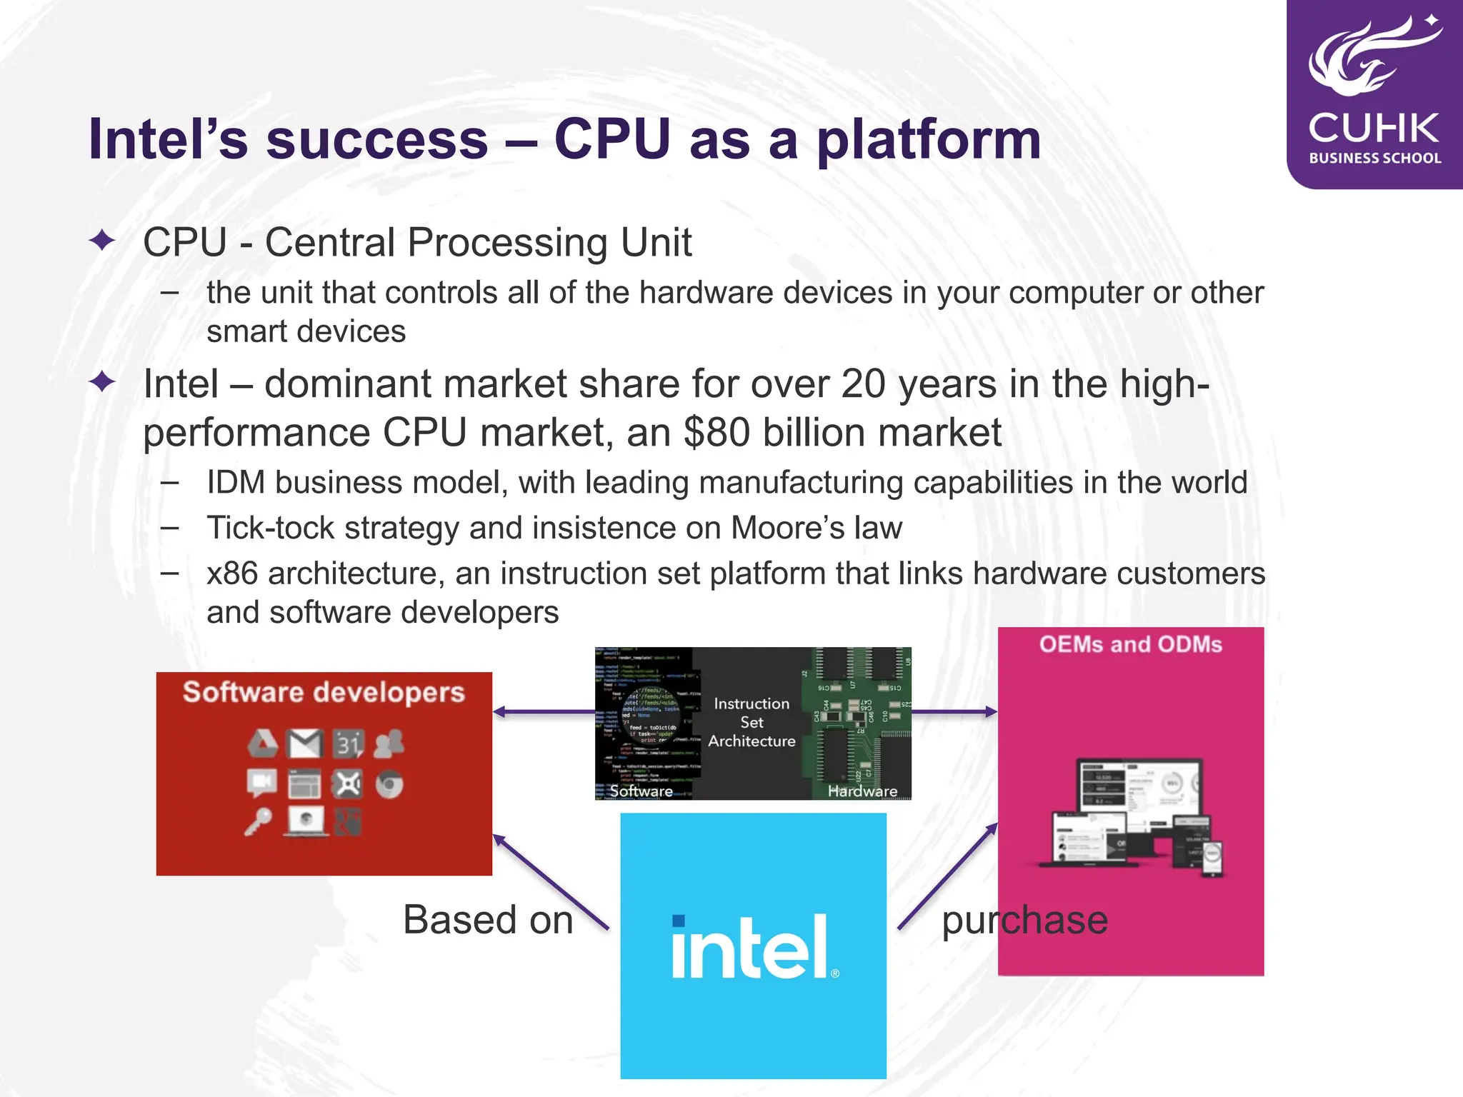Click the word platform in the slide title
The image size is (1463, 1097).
(928, 141)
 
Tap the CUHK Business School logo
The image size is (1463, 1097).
(1374, 93)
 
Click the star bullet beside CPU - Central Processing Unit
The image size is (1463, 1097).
(102, 241)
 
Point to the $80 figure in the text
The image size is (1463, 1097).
(716, 433)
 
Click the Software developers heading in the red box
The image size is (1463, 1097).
(324, 692)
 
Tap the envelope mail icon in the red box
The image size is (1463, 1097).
(305, 744)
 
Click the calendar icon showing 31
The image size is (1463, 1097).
(348, 744)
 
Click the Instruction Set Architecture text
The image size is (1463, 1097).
(752, 723)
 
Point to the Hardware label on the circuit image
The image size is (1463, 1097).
(862, 791)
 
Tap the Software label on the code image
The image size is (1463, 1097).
(641, 791)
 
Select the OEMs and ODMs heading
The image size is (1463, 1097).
(1130, 644)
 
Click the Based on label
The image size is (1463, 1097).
(488, 920)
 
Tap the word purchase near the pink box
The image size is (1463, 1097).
(1024, 920)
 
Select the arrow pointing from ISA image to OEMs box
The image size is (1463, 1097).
(954, 711)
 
